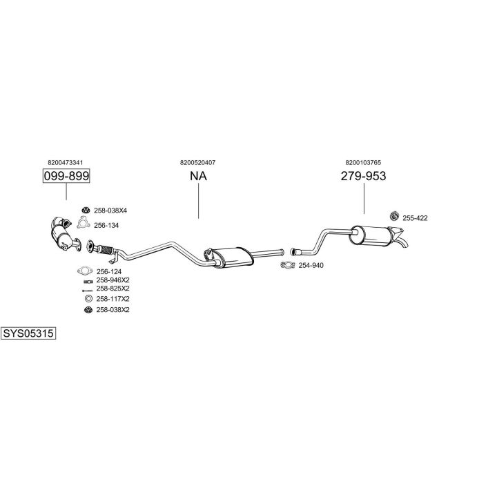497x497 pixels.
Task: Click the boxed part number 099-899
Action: pyautogui.click(x=66, y=177)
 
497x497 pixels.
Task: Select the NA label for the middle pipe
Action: pyautogui.click(x=198, y=177)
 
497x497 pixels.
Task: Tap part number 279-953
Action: pyautogui.click(x=363, y=177)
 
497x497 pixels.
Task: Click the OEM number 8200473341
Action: pyautogui.click(x=66, y=162)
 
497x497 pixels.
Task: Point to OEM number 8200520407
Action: pyautogui.click(x=197, y=162)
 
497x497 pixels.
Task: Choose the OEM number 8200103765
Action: pyautogui.click(x=363, y=162)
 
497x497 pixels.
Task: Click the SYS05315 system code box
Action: pyautogui.click(x=28, y=333)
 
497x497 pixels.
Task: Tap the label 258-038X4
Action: pyautogui.click(x=110, y=210)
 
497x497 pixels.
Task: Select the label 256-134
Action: pyautogui.click(x=106, y=225)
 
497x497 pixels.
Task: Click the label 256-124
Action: pyautogui.click(x=108, y=271)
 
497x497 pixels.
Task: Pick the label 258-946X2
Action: pyautogui.click(x=113, y=280)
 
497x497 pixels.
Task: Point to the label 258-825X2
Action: pyautogui.click(x=113, y=289)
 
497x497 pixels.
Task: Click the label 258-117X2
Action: pyautogui.click(x=113, y=299)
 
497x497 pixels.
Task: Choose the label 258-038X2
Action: pyautogui.click(x=113, y=310)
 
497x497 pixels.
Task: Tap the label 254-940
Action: pyautogui.click(x=311, y=266)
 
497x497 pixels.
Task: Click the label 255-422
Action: pyautogui.click(x=416, y=218)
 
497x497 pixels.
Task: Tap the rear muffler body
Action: pyautogui.click(x=373, y=235)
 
